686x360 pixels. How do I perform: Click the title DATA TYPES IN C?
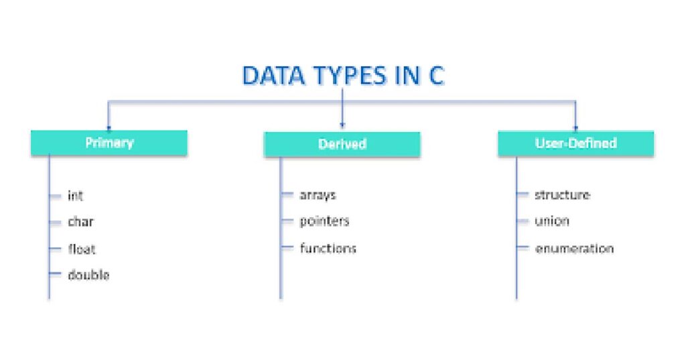[x=343, y=75]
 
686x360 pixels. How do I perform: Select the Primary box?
[x=109, y=143]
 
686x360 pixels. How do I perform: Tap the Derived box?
[x=342, y=144]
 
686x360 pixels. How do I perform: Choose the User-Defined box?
[x=575, y=143]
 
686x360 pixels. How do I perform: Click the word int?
[x=75, y=195]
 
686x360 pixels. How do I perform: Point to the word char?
[x=80, y=222]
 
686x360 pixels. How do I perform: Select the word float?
[x=81, y=249]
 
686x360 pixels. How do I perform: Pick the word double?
[x=88, y=275]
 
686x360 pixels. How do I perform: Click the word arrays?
[x=318, y=195]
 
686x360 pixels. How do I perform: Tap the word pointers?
[x=324, y=221]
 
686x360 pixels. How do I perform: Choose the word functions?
[x=328, y=248]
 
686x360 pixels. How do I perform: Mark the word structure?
[x=562, y=194]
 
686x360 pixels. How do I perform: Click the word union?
[x=552, y=221]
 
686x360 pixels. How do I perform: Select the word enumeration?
[x=574, y=249]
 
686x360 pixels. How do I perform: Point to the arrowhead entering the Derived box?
[x=342, y=125]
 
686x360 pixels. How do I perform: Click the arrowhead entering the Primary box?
[x=109, y=127]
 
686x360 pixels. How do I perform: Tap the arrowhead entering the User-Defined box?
[x=575, y=128]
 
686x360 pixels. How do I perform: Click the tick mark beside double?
[x=55, y=274]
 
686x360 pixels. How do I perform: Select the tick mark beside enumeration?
[x=523, y=247]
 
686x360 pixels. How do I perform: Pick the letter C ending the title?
[x=436, y=75]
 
